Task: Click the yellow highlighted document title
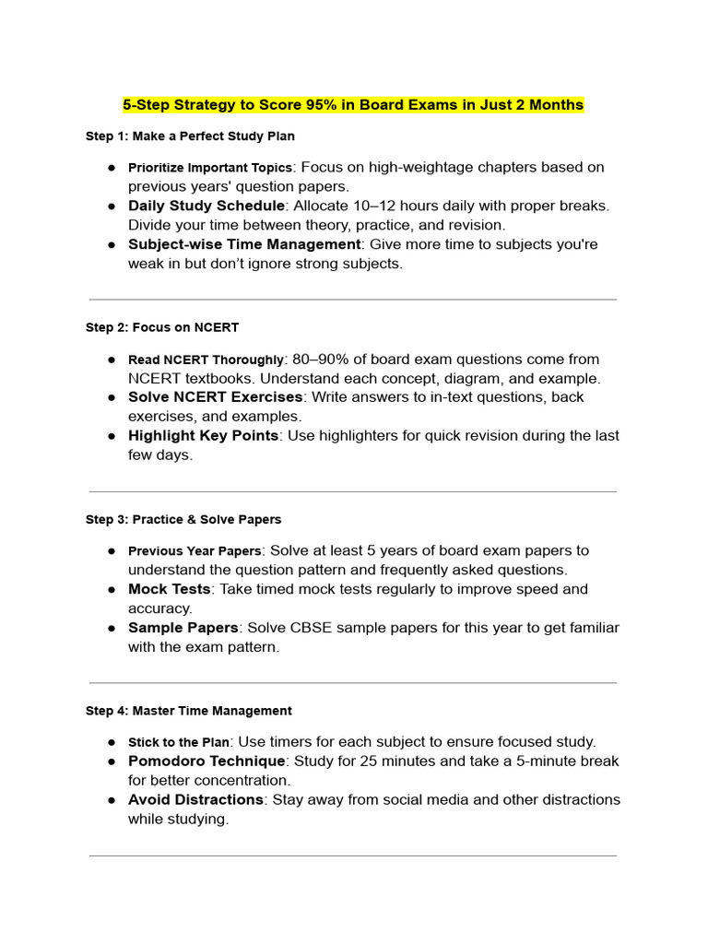click(x=353, y=105)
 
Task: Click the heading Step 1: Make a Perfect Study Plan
click(x=190, y=136)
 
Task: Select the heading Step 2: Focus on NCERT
click(x=162, y=327)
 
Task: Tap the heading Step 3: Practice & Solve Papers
click(x=183, y=519)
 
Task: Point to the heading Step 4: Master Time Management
click(x=188, y=711)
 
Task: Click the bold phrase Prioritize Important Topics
click(x=209, y=168)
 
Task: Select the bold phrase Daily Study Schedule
click(x=206, y=206)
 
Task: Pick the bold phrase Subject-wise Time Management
click(x=244, y=244)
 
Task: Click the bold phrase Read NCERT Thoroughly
click(x=206, y=360)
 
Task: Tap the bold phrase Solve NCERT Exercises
click(x=215, y=397)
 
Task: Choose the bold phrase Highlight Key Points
click(x=203, y=435)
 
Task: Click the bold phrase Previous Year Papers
click(x=195, y=551)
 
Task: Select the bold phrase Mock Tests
click(x=170, y=589)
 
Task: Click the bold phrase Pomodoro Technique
click(x=206, y=761)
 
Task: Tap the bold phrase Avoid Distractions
click(x=195, y=799)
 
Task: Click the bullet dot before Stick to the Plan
click(x=111, y=742)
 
